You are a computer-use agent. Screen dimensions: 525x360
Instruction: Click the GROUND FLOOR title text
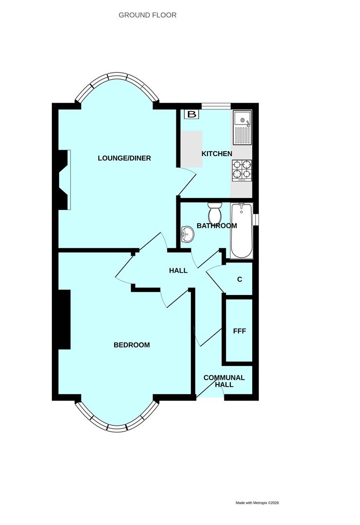pyautogui.click(x=147, y=15)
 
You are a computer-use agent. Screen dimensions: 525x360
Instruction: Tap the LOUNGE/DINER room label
pyautogui.click(x=124, y=158)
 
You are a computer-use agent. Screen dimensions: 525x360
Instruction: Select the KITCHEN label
pyautogui.click(x=217, y=154)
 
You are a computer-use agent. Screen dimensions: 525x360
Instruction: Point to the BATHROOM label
pyautogui.click(x=217, y=226)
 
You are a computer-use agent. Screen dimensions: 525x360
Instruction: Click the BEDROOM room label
pyautogui.click(x=132, y=345)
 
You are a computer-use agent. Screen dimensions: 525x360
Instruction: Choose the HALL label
pyautogui.click(x=178, y=270)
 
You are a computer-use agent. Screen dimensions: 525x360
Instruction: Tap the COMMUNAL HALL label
pyautogui.click(x=224, y=381)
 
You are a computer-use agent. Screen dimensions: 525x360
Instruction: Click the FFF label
pyautogui.click(x=240, y=331)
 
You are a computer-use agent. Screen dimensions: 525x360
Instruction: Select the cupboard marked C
pyautogui.click(x=239, y=280)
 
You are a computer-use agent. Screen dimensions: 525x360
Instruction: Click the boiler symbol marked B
pyautogui.click(x=192, y=115)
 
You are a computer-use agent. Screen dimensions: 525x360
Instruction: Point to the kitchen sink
pyautogui.click(x=242, y=127)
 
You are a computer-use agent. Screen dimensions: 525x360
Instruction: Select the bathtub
pyautogui.click(x=241, y=231)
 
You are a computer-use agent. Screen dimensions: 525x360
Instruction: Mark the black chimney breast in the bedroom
pyautogui.click(x=64, y=319)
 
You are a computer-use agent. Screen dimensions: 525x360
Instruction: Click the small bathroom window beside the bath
pyautogui.click(x=256, y=220)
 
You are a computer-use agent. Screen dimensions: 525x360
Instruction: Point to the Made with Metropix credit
pyautogui.click(x=257, y=503)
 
